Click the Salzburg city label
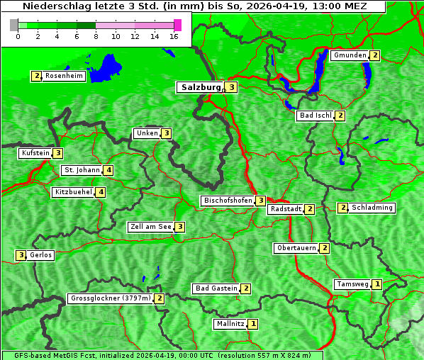[x=201, y=87]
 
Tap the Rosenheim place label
[x=64, y=76]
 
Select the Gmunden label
[x=350, y=55]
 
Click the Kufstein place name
[x=35, y=153]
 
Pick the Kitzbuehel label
[x=73, y=192]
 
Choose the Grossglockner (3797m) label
[x=111, y=298]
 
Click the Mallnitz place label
[x=230, y=324]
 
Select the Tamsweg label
[x=352, y=284]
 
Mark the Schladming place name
[x=372, y=208]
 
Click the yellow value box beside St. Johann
[x=108, y=170]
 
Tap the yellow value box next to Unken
[x=166, y=133]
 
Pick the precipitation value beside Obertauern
[x=324, y=248]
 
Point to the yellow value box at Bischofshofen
[x=261, y=201]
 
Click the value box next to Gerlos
[x=21, y=255]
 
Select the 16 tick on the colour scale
[x=174, y=36]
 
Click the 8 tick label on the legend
[x=96, y=36]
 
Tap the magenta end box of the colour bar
[x=177, y=25]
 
